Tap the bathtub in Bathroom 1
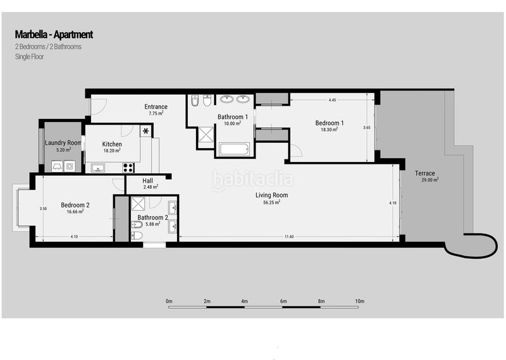236,150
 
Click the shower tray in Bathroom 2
138,205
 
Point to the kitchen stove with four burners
128,168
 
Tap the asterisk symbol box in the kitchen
146,131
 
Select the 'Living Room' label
271,196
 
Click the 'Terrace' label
424,173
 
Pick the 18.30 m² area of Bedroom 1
326,130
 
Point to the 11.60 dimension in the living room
289,236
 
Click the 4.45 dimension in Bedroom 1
332,100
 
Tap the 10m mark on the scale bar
359,301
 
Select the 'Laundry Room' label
63,143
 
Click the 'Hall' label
147,180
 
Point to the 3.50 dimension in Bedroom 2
42,209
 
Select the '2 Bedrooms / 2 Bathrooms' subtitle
48,46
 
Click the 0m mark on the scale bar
169,301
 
